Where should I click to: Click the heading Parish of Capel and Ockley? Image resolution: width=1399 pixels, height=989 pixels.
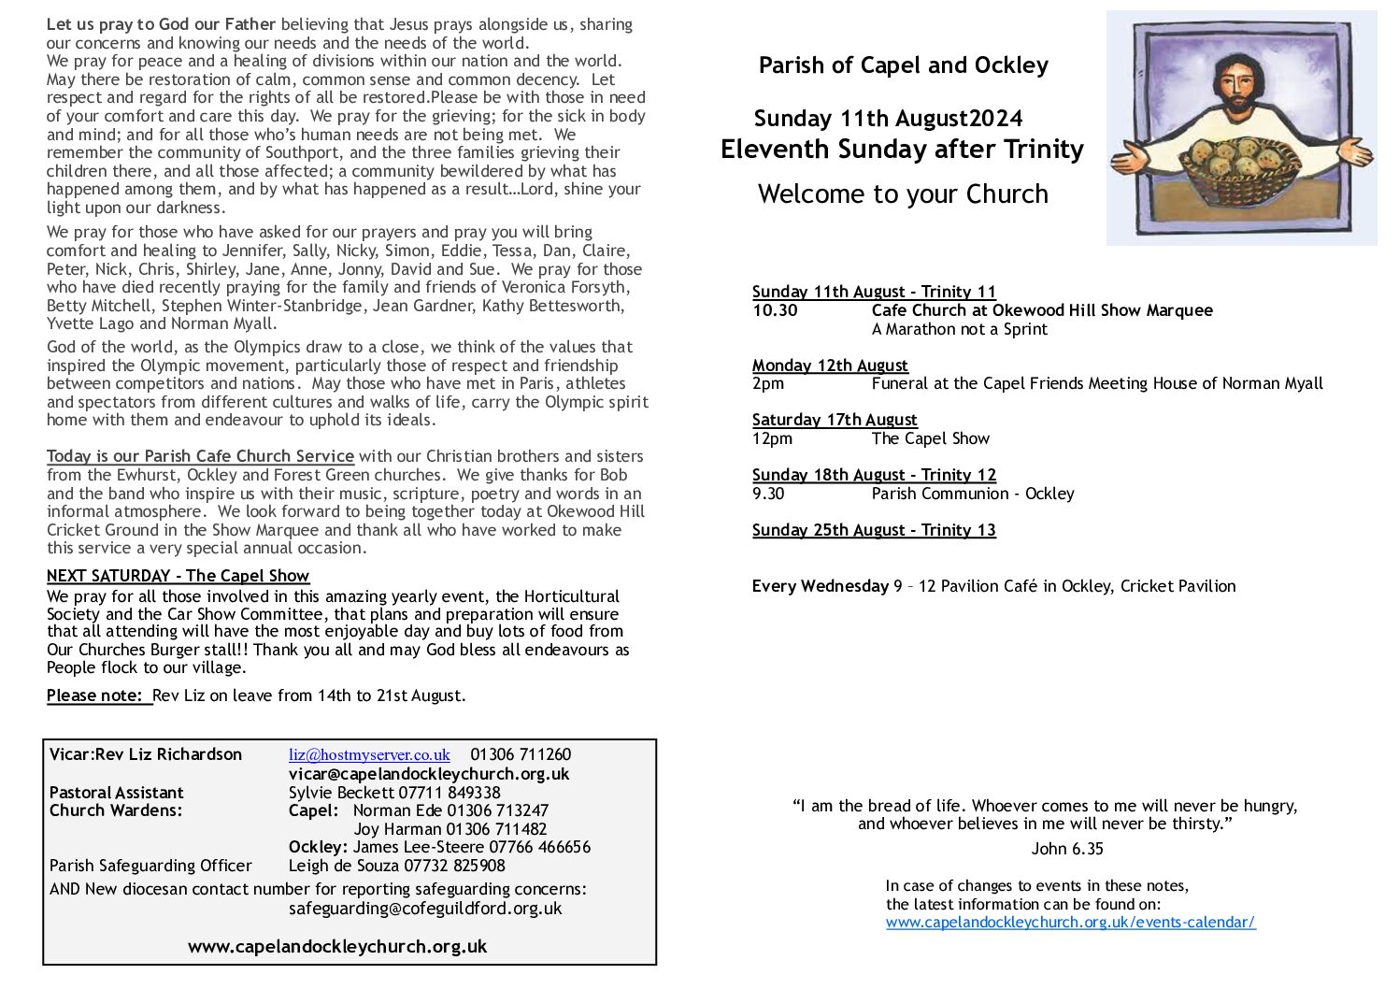(903, 65)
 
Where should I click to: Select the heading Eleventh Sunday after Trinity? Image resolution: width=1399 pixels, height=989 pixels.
(902, 150)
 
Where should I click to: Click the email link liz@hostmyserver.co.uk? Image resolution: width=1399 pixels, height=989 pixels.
(369, 755)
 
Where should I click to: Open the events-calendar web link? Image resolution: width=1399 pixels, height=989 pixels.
(1070, 923)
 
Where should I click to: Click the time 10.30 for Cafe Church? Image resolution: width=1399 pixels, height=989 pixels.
(775, 310)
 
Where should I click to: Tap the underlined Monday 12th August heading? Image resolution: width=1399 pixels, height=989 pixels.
(830, 365)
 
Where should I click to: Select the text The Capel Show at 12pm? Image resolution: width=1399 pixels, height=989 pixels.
(930, 438)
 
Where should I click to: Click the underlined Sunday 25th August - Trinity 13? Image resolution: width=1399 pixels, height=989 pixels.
(874, 530)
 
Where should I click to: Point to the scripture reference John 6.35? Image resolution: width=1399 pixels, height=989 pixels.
(1066, 849)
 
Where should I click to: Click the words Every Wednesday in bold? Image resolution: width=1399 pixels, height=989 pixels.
(820, 586)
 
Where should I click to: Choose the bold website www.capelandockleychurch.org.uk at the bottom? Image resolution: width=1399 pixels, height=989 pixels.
(337, 946)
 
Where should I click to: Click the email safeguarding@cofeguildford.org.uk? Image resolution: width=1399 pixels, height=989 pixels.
(425, 908)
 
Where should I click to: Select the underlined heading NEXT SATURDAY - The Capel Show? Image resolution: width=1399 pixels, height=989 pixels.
(178, 576)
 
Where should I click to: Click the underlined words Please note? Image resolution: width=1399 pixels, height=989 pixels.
(97, 695)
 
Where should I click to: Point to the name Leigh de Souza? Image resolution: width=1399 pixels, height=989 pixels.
(343, 866)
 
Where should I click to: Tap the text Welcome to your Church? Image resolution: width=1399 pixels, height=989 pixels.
(903, 194)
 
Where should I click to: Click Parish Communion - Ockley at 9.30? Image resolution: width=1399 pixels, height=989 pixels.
(972, 494)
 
